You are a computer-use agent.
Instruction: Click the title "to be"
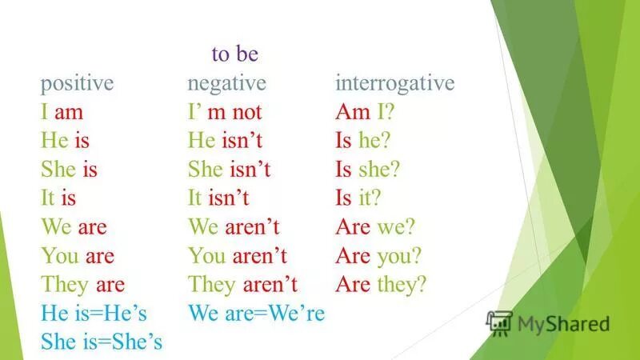coord(235,54)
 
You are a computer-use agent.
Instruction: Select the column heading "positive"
coord(78,84)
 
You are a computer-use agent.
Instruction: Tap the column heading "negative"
coord(226,84)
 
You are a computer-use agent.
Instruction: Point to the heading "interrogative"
coord(394,84)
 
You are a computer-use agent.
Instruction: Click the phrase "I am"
coord(62,112)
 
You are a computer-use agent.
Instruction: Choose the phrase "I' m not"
coord(225,112)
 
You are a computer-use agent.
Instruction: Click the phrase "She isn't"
coord(230,170)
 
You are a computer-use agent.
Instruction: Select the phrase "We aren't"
coord(234,227)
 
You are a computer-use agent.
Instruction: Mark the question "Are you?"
coord(378,256)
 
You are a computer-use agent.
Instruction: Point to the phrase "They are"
coord(82,285)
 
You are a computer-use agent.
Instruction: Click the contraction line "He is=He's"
coord(98,314)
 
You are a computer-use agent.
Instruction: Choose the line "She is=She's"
coord(102,342)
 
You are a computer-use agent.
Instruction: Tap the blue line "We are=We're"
coord(256,314)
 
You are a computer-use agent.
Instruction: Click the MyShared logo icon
coord(500,322)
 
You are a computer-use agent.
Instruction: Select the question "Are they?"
coord(382,285)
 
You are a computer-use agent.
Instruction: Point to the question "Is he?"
coord(364,141)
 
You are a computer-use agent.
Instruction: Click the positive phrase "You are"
coord(78,256)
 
